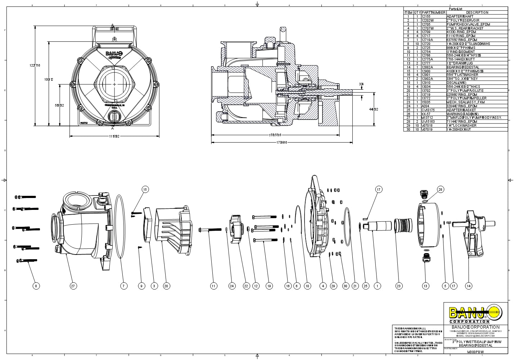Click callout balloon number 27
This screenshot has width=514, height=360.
73,286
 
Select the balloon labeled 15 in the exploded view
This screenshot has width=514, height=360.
145,189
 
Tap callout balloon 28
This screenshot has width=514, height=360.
441,189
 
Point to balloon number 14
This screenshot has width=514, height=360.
469,286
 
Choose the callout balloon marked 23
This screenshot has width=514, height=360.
398,286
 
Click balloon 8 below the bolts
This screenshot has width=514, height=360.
36,286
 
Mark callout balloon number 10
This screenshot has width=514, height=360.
307,286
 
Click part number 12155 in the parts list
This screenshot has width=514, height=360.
426,17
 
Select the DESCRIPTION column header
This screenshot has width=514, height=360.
477,12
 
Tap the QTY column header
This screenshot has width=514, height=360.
417,12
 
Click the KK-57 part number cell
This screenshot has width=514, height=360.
425,114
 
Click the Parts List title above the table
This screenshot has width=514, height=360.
456,9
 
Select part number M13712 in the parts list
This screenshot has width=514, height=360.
427,118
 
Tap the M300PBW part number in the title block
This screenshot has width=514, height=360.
475,352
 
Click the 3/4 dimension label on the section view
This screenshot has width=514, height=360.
361,84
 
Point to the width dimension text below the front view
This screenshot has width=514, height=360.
114,136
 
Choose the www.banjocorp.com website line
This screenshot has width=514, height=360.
475,333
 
